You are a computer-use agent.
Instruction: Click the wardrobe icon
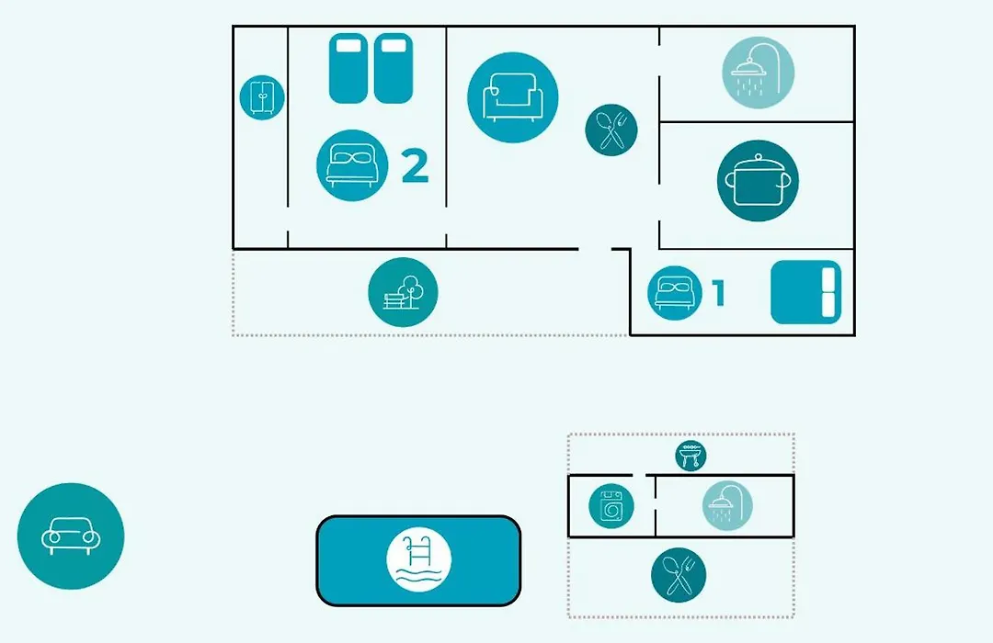(262, 97)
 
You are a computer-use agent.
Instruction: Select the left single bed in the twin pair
(348, 68)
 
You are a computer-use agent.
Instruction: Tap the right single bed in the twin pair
(394, 68)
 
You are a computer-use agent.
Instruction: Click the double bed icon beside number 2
(352, 166)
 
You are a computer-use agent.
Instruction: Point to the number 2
(415, 166)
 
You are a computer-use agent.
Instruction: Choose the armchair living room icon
(513, 97)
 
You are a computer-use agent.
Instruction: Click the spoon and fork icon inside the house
(611, 130)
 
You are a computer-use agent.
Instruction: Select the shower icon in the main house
(758, 73)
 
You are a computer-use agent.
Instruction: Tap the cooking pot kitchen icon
(758, 181)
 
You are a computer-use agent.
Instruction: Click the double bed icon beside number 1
(675, 293)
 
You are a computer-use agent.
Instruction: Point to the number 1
(718, 293)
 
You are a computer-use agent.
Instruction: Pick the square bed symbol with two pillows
(806, 292)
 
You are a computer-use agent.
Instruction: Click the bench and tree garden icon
(403, 292)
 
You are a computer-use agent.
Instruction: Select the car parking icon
(71, 536)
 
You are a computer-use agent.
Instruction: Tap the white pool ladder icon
(418, 560)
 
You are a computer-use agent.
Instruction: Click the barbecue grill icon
(691, 456)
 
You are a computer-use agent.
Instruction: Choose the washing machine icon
(611, 506)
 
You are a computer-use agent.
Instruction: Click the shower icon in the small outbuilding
(727, 505)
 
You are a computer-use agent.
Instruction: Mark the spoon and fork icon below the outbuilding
(679, 575)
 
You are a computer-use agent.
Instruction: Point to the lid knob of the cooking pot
(758, 155)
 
